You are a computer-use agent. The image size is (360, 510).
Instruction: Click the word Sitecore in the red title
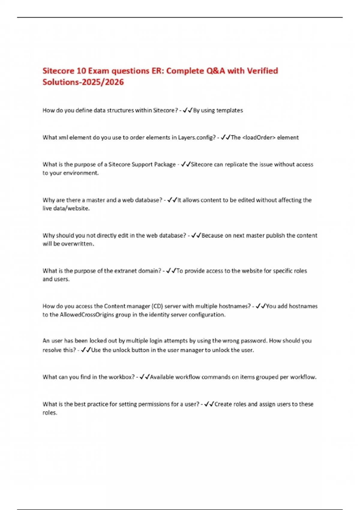pos(58,71)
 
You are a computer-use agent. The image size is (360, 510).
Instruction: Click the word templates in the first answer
pos(229,110)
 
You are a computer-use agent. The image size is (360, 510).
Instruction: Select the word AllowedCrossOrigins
pos(95,314)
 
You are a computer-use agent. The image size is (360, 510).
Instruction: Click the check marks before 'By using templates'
pos(187,110)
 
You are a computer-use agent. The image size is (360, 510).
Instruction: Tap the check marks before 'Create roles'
pos(209,404)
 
